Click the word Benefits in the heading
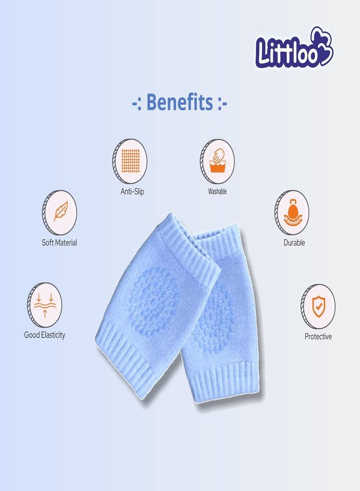click(x=180, y=102)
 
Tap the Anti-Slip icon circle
click(x=130, y=161)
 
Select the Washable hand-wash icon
click(x=217, y=161)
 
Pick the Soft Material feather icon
click(x=59, y=213)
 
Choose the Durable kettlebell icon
click(x=292, y=213)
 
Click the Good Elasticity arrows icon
click(x=45, y=305)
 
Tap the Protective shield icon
click(x=318, y=307)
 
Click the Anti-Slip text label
click(x=133, y=192)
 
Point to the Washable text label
click(x=217, y=192)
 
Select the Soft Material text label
click(x=59, y=243)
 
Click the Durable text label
click(x=294, y=243)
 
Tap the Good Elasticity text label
click(x=45, y=335)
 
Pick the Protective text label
click(x=318, y=337)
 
